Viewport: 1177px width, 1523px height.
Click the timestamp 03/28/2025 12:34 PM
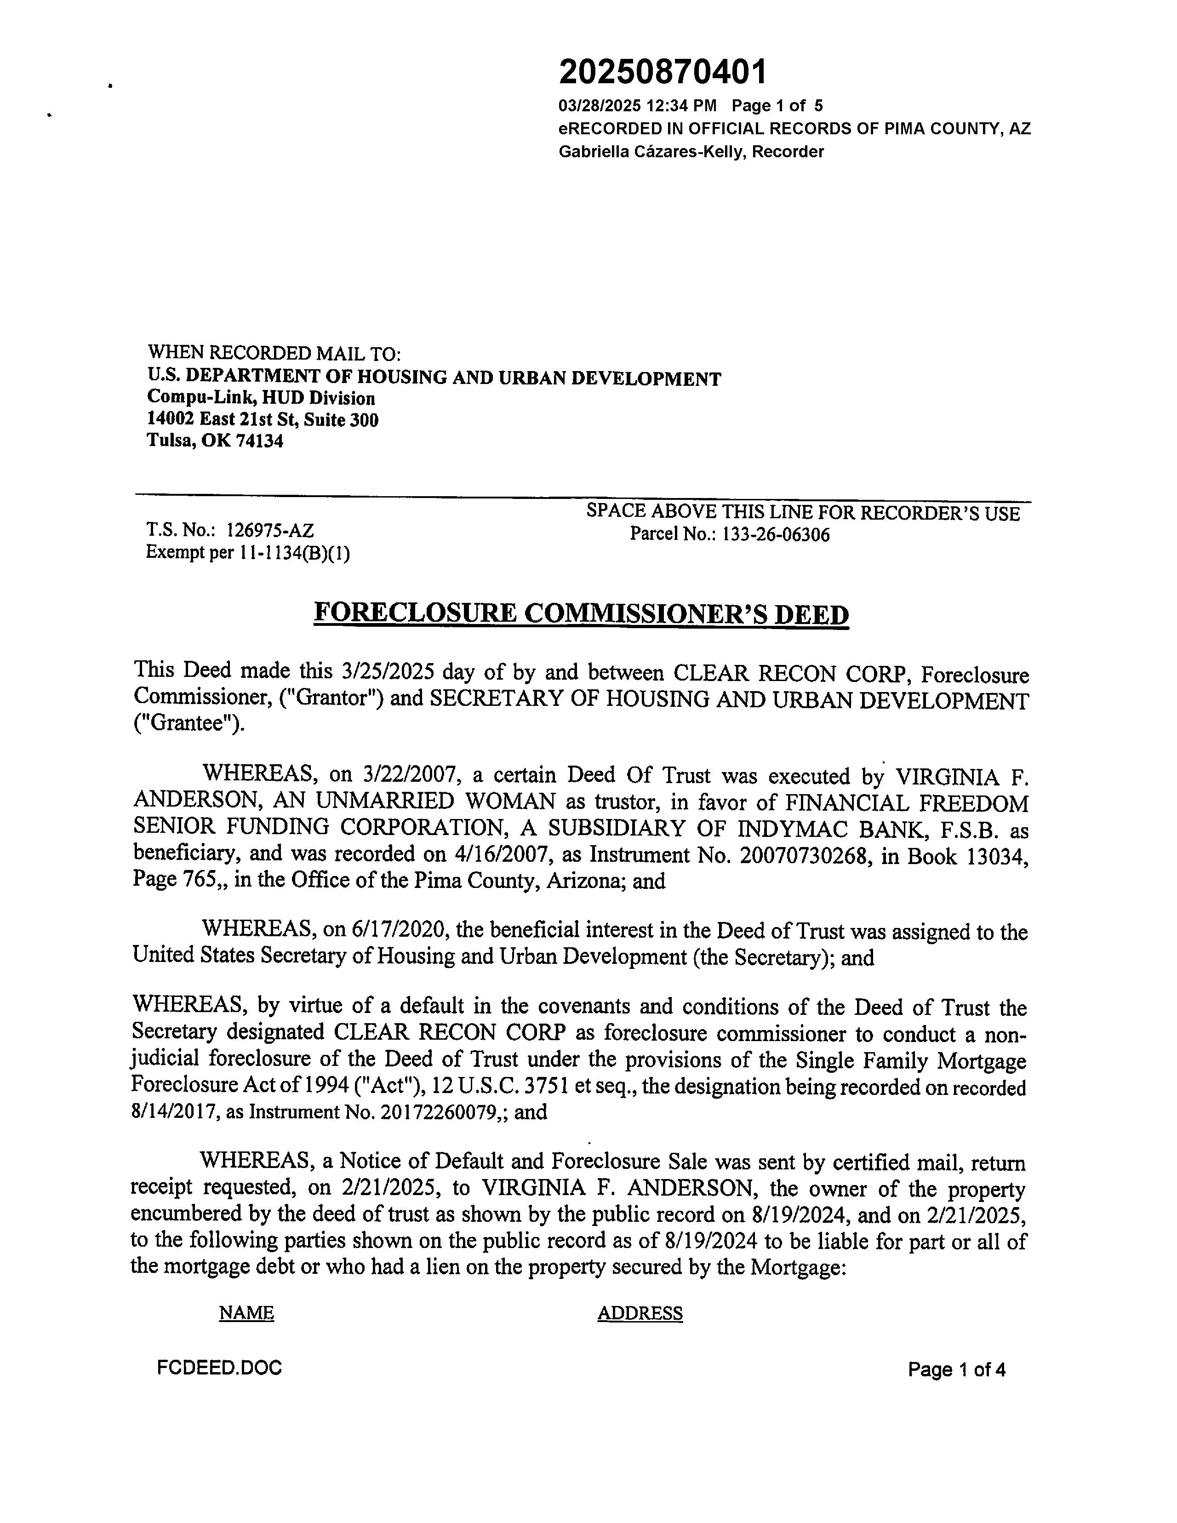tap(637, 106)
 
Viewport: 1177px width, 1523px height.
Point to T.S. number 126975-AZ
tap(270, 530)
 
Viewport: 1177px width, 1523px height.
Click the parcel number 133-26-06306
tap(775, 535)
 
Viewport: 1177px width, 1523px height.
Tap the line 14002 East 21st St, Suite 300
tap(262, 420)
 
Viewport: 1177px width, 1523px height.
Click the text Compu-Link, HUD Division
tap(261, 398)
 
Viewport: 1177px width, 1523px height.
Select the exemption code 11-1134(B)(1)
tap(293, 553)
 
